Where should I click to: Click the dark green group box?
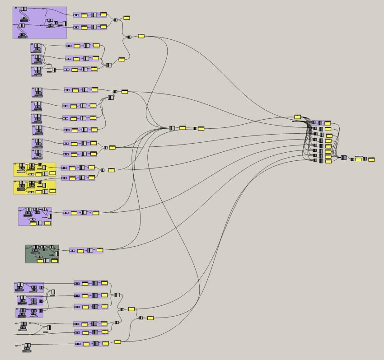coord(42,254)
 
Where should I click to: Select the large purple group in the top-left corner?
coord(39,22)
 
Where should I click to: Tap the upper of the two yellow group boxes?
coord(35,169)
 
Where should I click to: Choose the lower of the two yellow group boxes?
coord(35,187)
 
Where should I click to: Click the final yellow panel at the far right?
coord(371,159)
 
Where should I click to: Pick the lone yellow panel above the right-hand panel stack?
coord(298,117)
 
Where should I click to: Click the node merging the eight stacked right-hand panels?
coord(344,158)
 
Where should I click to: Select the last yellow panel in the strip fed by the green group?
coord(100,250)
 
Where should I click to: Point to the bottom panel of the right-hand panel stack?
coord(328,161)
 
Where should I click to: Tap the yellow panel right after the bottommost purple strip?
coord(117,342)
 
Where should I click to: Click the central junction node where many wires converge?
coord(172,128)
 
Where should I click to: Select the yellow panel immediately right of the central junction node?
coord(183,128)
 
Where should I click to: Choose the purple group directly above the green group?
coord(35,216)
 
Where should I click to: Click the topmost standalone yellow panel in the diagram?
coord(126,18)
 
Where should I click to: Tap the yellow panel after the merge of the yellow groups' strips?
coord(111,170)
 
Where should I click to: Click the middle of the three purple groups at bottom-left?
coord(30,300)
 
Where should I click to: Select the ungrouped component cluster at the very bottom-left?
coord(27,347)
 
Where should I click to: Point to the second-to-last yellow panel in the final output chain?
coord(358,159)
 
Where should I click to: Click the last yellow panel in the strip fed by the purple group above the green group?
coord(96,212)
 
